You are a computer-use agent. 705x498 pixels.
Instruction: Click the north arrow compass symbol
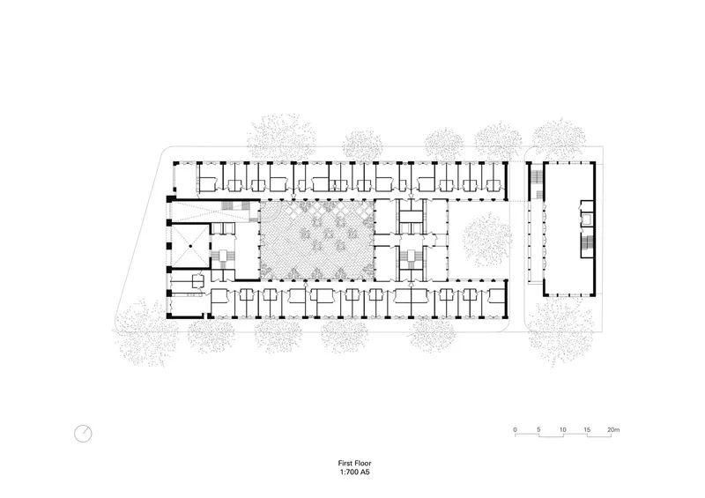point(83,434)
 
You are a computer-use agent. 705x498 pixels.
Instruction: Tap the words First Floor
point(355,463)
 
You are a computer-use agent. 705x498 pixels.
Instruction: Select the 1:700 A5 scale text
point(355,472)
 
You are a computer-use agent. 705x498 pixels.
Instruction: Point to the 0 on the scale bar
point(516,429)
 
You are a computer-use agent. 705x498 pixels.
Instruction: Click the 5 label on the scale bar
point(538,429)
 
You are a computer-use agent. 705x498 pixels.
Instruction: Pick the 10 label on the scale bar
point(562,429)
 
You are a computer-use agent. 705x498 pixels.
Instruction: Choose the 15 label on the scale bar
point(587,429)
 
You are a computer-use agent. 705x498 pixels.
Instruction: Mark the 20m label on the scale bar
point(613,429)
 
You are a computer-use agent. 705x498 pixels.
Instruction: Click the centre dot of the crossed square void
point(190,246)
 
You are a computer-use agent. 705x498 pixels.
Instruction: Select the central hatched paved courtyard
point(317,241)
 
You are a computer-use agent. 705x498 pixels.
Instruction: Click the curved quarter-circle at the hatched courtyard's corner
point(273,213)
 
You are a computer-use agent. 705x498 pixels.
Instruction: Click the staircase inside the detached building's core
point(586,243)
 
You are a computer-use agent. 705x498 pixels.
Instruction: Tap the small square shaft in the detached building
point(586,219)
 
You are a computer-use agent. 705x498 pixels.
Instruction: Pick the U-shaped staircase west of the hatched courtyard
point(223,256)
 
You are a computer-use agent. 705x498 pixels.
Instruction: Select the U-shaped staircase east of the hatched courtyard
point(411,256)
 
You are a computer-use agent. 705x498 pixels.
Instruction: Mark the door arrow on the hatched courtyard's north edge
point(293,197)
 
